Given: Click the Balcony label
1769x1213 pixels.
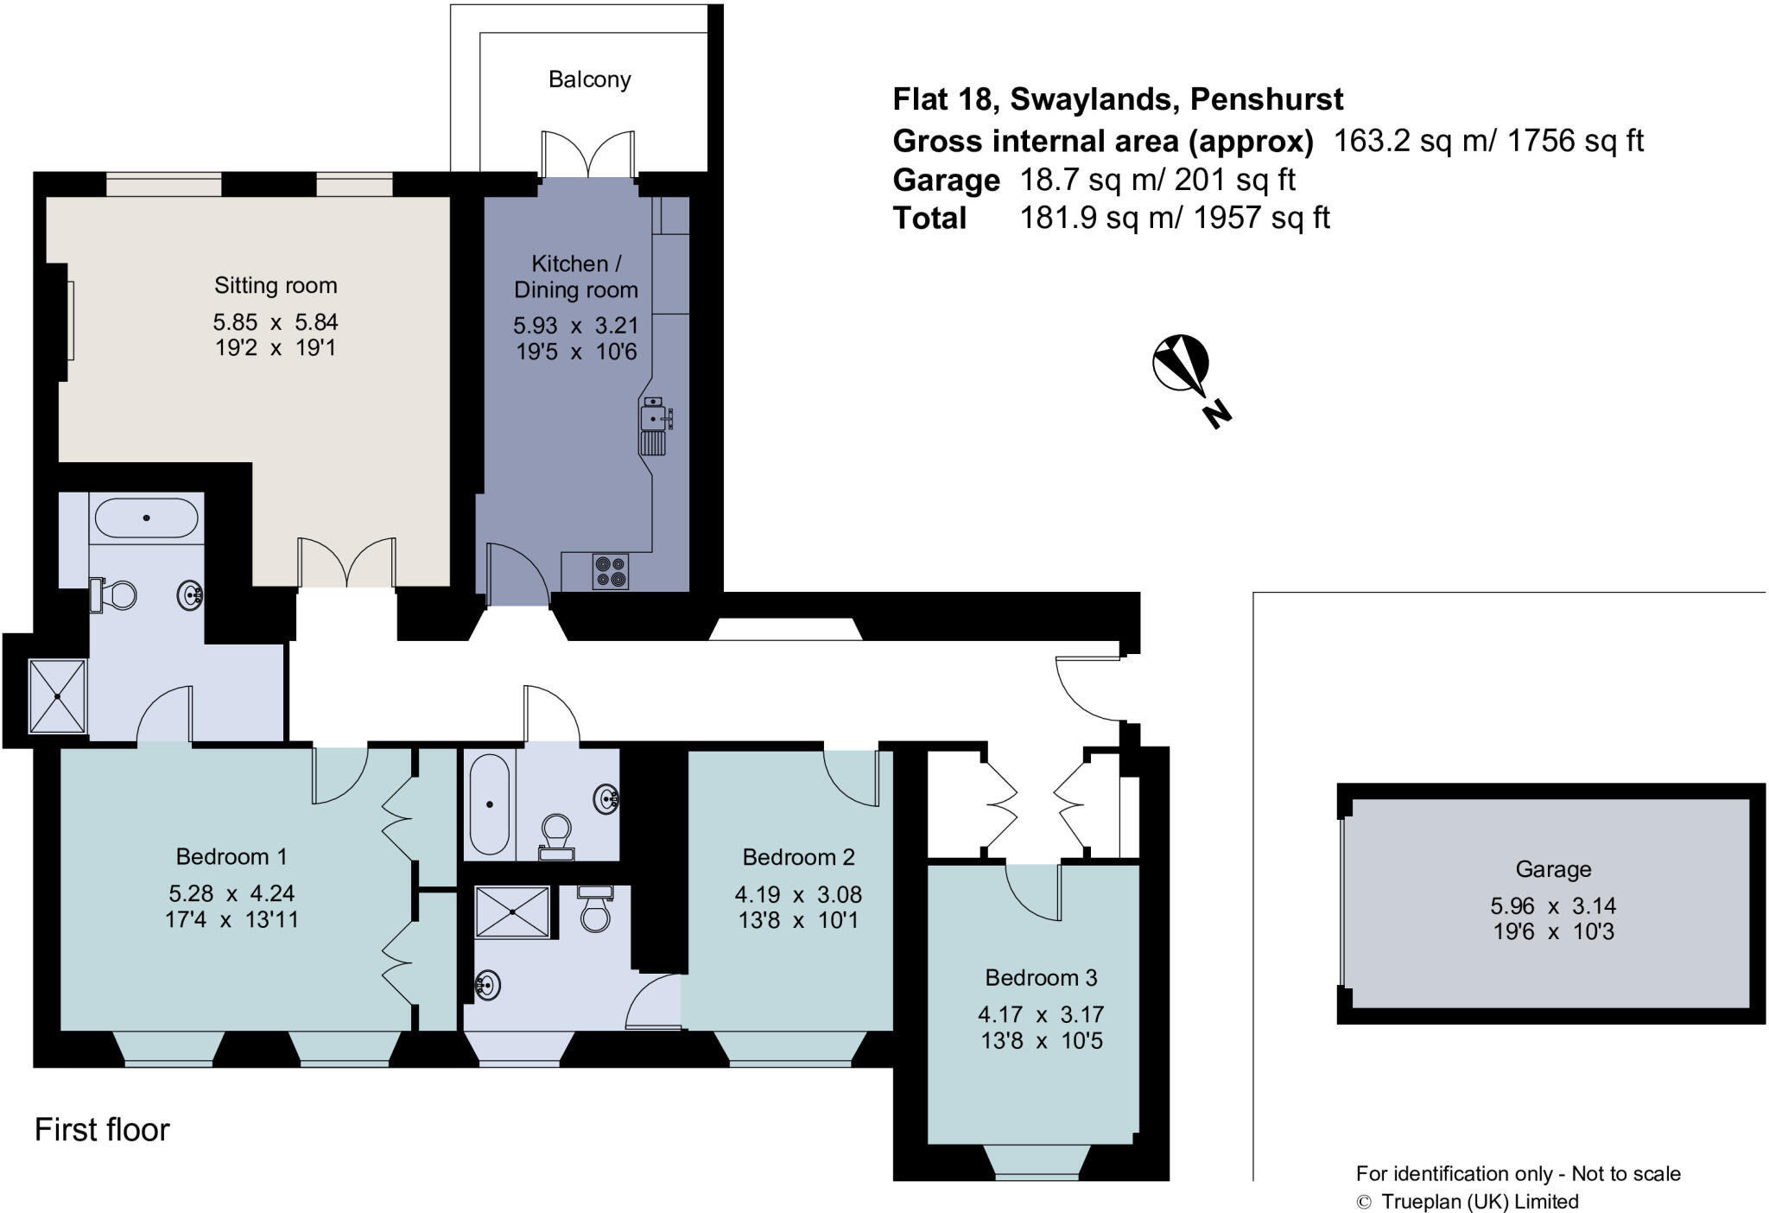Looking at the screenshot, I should coord(589,79).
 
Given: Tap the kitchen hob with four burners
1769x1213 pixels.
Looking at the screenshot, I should coord(611,571).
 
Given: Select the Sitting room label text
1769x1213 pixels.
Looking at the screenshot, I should coord(276,285).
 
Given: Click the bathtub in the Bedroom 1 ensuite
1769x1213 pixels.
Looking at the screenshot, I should coord(146,518).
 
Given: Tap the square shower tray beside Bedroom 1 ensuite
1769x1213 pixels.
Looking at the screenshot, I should coord(57,695).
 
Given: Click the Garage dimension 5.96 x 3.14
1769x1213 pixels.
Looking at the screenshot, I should coord(1552,905).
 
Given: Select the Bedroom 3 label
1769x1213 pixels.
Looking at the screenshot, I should coord(1041,977).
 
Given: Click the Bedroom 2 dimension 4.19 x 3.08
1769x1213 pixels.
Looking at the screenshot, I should coord(798,894).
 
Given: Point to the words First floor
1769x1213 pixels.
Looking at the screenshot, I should coord(102,1129).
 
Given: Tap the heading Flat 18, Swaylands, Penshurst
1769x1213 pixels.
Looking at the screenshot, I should coord(1118,100).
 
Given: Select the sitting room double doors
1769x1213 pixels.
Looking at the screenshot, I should coord(347,563).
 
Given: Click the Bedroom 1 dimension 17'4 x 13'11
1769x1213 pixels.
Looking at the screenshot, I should coord(231,919).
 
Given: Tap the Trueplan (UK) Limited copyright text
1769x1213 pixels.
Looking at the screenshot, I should coord(1479,1201).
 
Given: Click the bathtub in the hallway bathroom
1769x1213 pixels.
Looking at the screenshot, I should coord(489,804).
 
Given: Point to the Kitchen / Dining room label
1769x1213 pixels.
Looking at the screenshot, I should coord(575,276).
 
